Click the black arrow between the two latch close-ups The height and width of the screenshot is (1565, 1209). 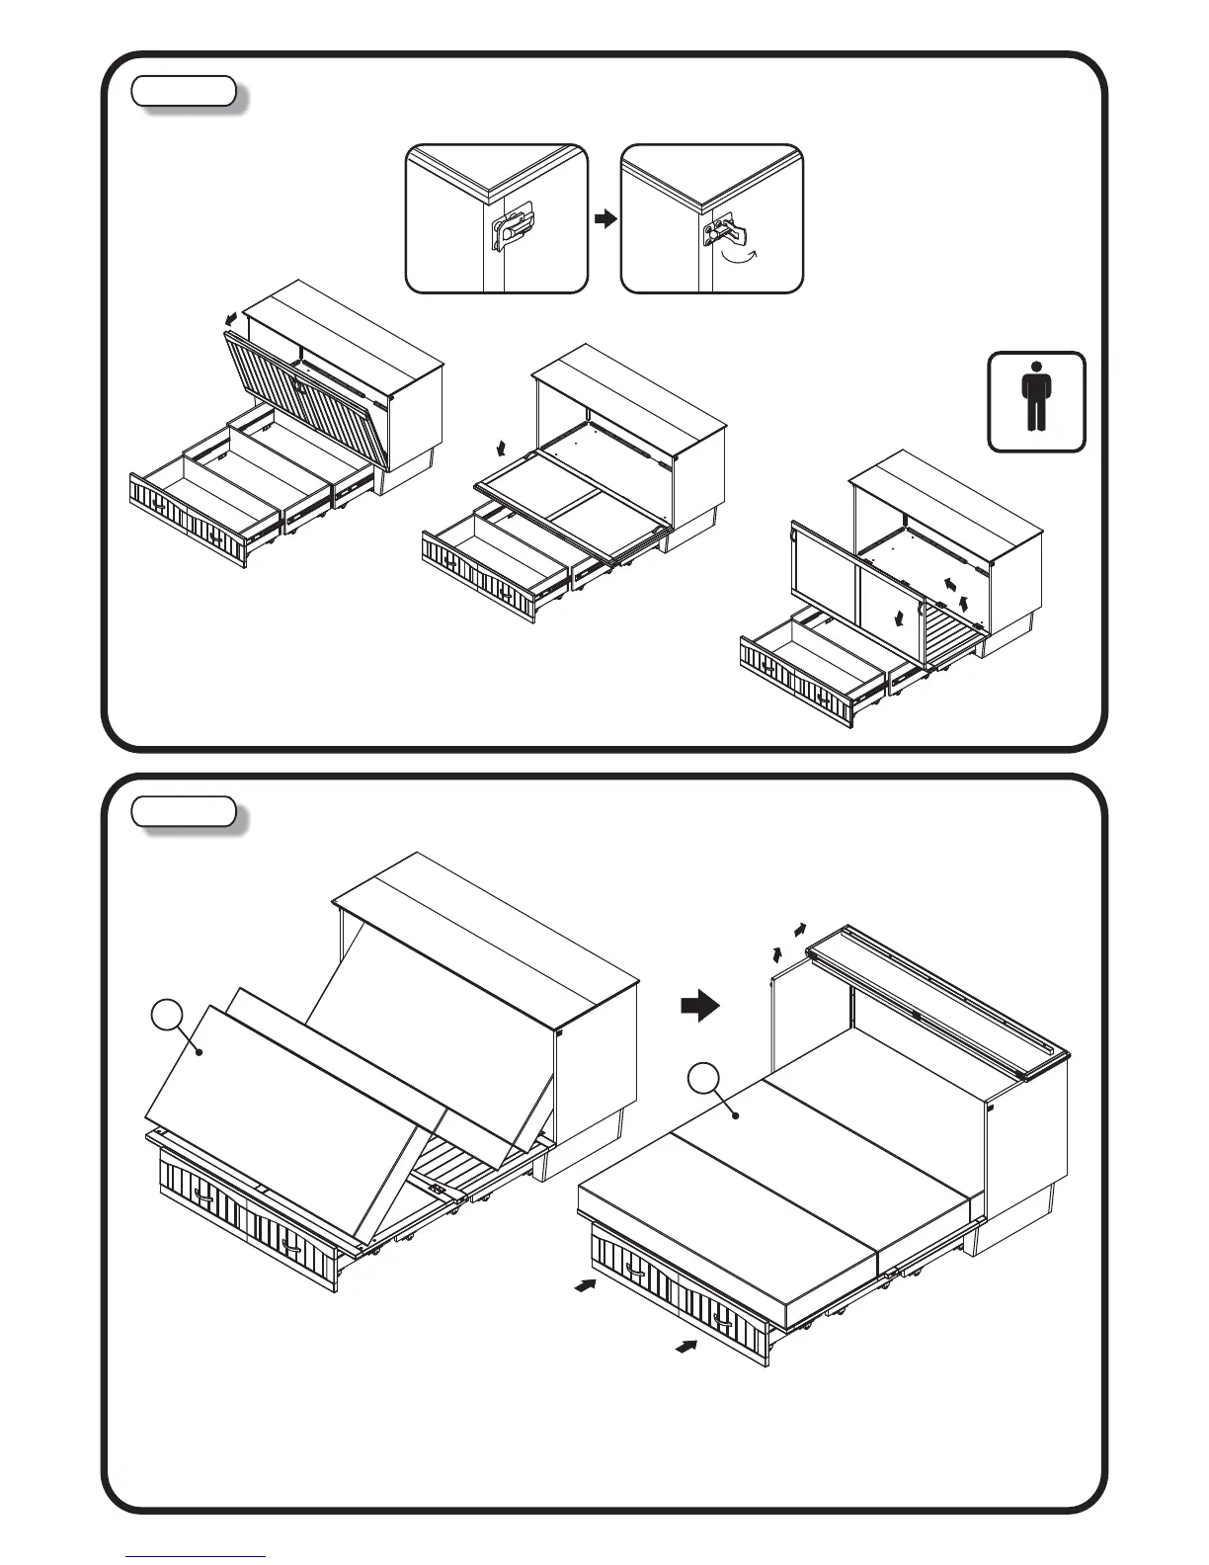pos(604,218)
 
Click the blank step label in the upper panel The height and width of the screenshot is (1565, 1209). pos(184,92)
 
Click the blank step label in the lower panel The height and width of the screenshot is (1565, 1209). pos(184,812)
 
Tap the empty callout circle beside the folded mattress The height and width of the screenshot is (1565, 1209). pos(168,1016)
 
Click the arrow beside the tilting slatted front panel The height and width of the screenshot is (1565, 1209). pos(230,320)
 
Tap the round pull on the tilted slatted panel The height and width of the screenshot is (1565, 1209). pos(299,386)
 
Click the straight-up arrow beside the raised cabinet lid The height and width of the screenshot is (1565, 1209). pos(778,952)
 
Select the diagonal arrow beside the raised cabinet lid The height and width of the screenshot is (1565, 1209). pos(799,930)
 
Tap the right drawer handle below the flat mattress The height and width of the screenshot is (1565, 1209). pos(724,1320)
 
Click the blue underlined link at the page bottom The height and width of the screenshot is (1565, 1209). pos(196,1557)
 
